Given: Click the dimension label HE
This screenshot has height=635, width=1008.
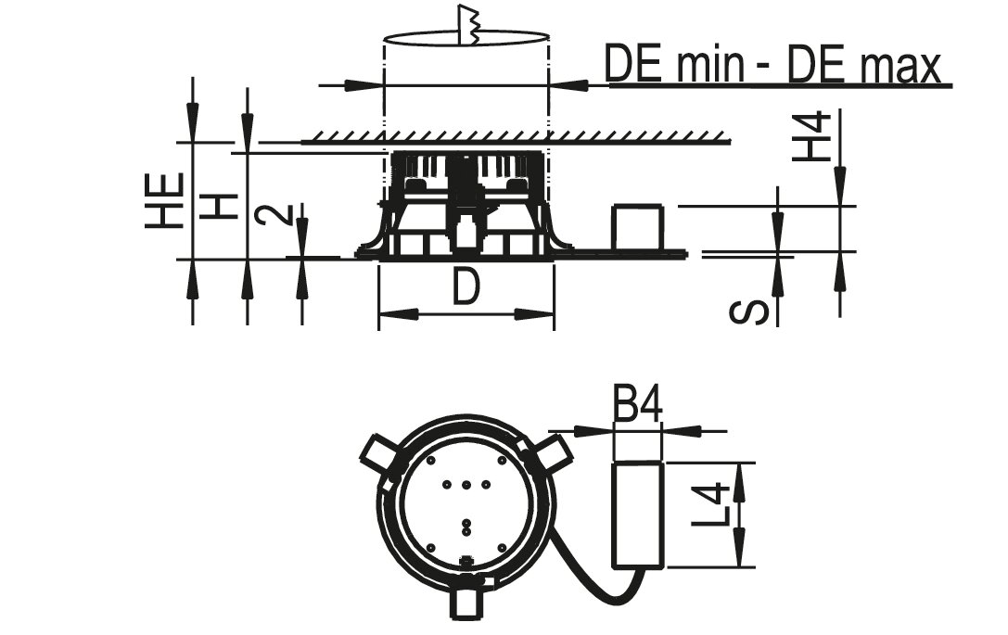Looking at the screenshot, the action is pyautogui.click(x=164, y=200).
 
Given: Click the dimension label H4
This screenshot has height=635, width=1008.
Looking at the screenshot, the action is pyautogui.click(x=811, y=136).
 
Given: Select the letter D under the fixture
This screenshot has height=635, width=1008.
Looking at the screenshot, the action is pyautogui.click(x=466, y=286).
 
